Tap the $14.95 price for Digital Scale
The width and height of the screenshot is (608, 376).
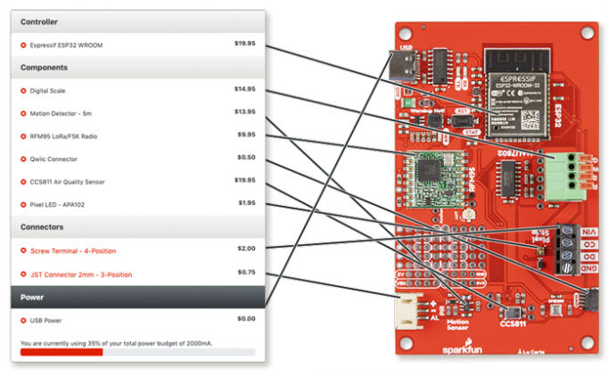(x=244, y=89)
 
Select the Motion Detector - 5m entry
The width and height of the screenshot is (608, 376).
(x=62, y=113)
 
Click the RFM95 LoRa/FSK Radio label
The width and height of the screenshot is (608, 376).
(x=63, y=136)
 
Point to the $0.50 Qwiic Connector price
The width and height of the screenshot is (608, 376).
(x=246, y=158)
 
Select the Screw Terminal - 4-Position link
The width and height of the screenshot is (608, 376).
(x=73, y=251)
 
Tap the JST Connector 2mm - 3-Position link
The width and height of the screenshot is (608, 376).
(x=81, y=274)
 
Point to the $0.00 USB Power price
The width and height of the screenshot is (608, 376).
(x=245, y=319)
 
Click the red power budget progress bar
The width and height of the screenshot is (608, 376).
(x=62, y=352)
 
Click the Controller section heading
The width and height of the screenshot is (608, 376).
(x=40, y=21)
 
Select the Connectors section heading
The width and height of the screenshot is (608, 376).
(x=42, y=228)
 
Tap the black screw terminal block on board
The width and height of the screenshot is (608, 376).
(x=567, y=249)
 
